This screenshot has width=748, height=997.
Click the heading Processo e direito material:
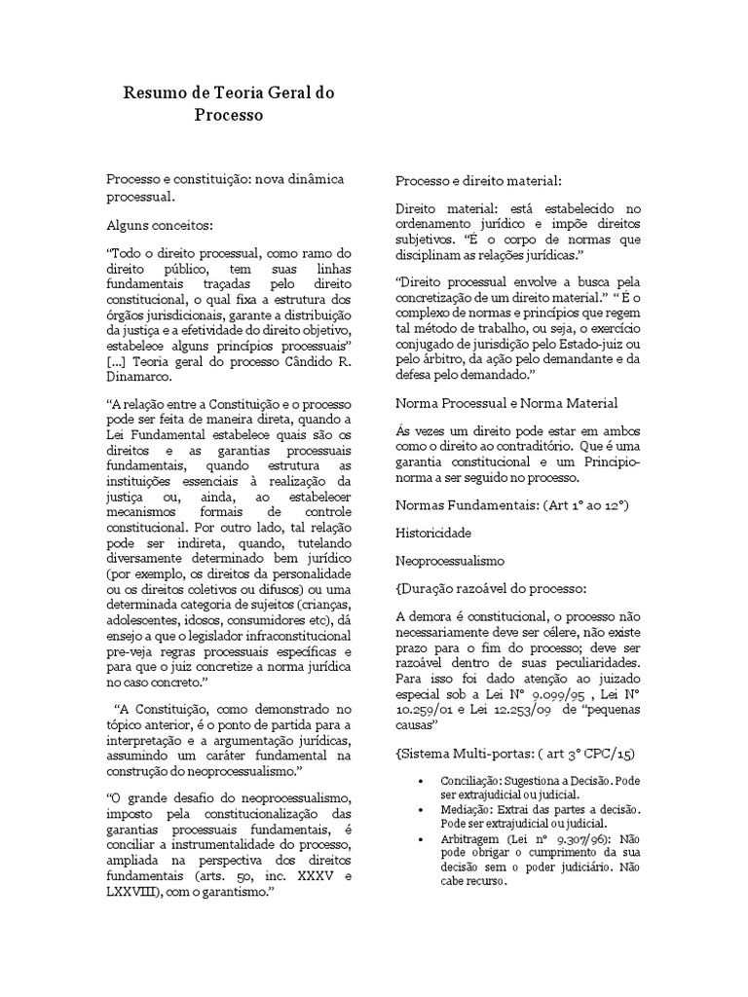coord(478,182)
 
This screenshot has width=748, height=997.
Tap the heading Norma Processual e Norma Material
coord(506,402)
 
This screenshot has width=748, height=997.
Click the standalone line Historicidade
coord(433,534)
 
